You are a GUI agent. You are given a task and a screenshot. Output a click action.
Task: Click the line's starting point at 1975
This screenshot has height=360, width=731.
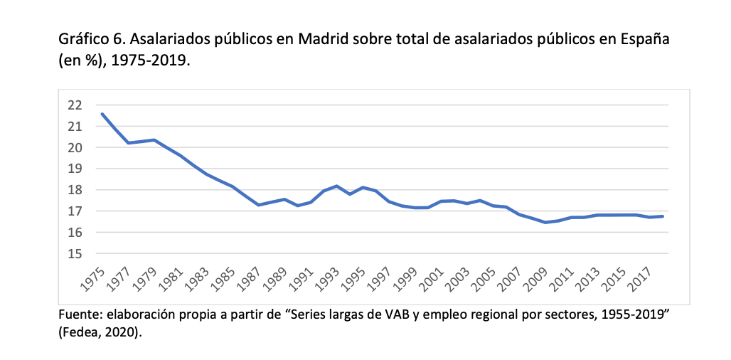pyautogui.click(x=103, y=114)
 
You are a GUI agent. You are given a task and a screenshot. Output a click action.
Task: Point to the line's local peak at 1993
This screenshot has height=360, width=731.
pyautogui.click(x=336, y=186)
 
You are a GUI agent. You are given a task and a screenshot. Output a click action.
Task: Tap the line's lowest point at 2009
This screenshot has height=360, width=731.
pyautogui.click(x=544, y=223)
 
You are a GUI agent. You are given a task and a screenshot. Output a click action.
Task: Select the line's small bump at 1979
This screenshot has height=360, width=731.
pyautogui.click(x=154, y=140)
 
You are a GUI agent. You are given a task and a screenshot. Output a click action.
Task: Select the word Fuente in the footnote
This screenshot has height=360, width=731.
pyautogui.click(x=78, y=314)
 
